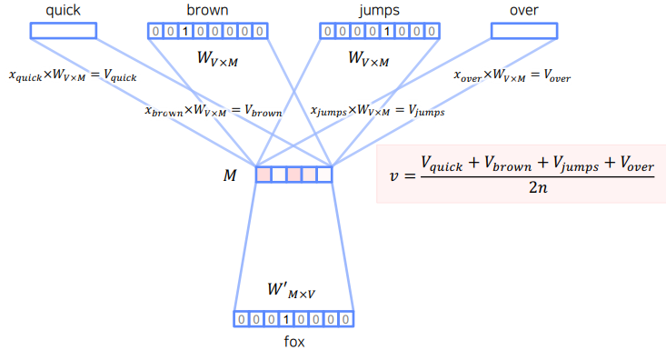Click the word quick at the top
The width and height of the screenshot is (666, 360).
pos(63,10)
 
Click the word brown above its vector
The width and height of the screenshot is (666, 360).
pos(207,10)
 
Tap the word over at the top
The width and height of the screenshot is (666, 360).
pos(523,10)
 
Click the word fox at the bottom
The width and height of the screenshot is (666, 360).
pos(293,343)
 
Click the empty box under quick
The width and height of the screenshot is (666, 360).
pos(64,31)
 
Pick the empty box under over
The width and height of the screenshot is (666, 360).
pos(524,31)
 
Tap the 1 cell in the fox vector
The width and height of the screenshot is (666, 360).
pos(285,319)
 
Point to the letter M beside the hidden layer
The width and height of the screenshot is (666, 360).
pos(230,175)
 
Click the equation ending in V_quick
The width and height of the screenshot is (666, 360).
pos(73,76)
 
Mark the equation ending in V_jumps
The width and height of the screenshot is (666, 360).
pos(377,112)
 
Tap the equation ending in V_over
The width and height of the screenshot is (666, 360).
pos(512,76)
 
